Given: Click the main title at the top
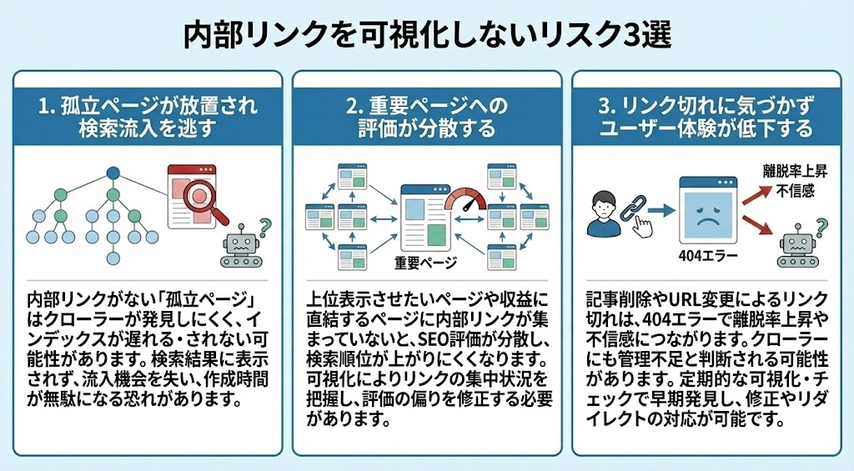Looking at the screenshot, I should point(426,36).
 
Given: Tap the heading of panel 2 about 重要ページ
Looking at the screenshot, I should point(426,117).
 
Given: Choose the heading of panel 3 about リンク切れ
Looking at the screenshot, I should point(706,117).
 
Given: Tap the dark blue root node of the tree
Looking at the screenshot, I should point(113,173).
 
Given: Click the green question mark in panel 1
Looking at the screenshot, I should point(265,225).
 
